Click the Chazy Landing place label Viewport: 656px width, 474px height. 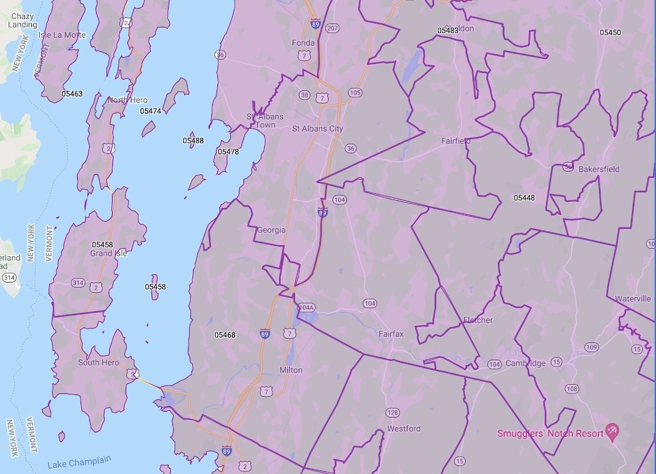coord(23,21)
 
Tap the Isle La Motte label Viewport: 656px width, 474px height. coord(62,35)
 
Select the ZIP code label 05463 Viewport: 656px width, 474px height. coord(73,94)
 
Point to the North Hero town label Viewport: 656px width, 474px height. coord(127,100)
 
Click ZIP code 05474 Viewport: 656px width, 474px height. coord(150,111)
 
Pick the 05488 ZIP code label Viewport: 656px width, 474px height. coord(193,140)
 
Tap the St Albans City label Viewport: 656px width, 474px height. coord(318,129)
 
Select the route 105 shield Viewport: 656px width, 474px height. coord(355,92)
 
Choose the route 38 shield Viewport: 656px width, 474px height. coord(305,95)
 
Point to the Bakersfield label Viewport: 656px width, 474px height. coord(599,169)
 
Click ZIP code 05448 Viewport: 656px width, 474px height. coord(524,198)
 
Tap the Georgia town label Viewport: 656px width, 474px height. coord(271,230)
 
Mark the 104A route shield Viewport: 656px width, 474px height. coord(307,308)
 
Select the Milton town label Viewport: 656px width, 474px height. coord(291,370)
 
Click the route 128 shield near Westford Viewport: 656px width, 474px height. coord(393,412)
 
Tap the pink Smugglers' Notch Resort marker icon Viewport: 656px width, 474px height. coord(612,432)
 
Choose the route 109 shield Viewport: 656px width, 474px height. coord(591,347)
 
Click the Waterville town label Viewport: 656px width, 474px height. coord(633,298)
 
